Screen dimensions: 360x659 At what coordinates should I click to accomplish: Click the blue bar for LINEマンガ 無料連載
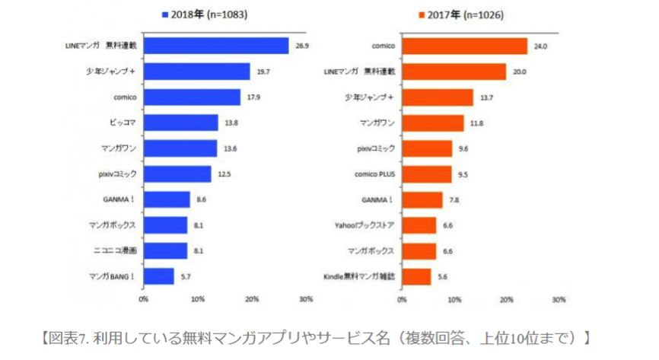pyautogui.click(x=216, y=46)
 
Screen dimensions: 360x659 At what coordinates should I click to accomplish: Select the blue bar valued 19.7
pyautogui.click(x=196, y=72)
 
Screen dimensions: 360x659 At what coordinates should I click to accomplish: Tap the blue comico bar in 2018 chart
pyautogui.click(x=192, y=97)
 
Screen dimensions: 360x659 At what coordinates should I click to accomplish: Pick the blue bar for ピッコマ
pyautogui.click(x=181, y=123)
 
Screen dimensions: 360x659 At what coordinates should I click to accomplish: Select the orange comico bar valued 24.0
pyautogui.click(x=464, y=46)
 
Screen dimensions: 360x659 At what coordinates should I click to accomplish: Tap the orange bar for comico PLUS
pyautogui.click(x=427, y=174)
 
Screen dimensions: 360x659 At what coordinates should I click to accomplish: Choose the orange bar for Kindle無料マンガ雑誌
pyautogui.click(x=416, y=276)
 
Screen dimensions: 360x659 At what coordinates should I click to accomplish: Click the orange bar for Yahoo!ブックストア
pyautogui.click(x=419, y=225)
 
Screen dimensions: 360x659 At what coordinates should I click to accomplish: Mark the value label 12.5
pyautogui.click(x=222, y=174)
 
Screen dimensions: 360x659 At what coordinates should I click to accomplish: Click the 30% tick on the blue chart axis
pyautogui.click(x=306, y=299)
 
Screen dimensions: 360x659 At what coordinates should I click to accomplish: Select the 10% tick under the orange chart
pyautogui.click(x=454, y=299)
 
